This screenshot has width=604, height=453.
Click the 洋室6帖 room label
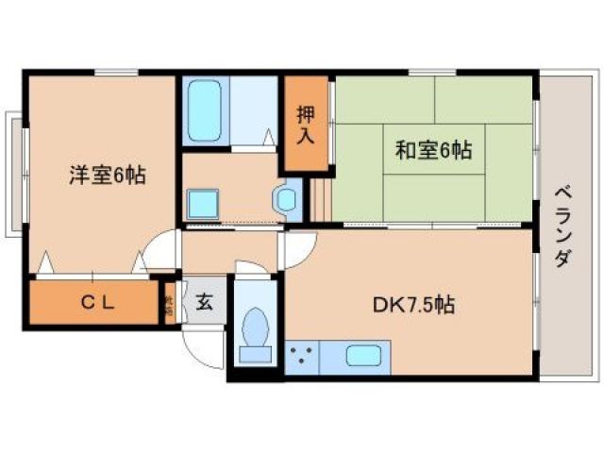[x=107, y=175]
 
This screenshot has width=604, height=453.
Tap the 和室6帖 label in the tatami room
[x=434, y=150]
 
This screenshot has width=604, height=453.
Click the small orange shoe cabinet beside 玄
[x=169, y=304]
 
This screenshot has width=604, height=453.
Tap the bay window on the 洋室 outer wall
[x=14, y=175]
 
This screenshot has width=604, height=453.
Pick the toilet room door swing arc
[x=253, y=270]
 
